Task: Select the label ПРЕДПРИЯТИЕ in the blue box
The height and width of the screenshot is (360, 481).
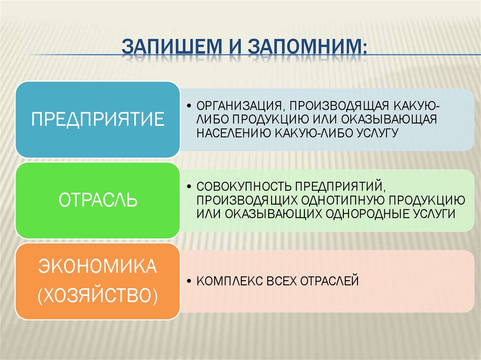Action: point(98,119)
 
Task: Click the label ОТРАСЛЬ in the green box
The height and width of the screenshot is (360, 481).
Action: point(98,199)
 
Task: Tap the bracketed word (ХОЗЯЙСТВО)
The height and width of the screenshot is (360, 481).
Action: point(98,296)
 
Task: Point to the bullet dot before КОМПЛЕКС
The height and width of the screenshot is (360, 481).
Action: point(188,282)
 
